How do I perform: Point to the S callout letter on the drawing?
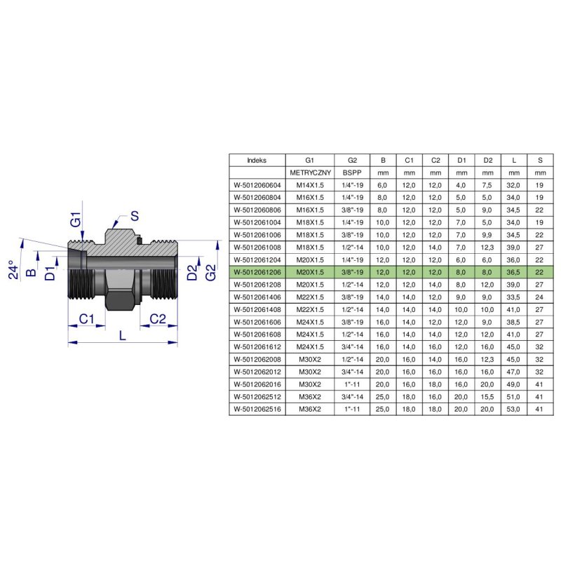134,216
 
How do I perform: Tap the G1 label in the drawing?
76,219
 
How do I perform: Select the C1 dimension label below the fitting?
86,318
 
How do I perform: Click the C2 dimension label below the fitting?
158,318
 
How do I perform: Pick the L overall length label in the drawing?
123,336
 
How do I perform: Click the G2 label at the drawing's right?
211,273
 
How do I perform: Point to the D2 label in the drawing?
192,273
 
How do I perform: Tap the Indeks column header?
257,161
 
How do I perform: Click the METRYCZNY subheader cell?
310,173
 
